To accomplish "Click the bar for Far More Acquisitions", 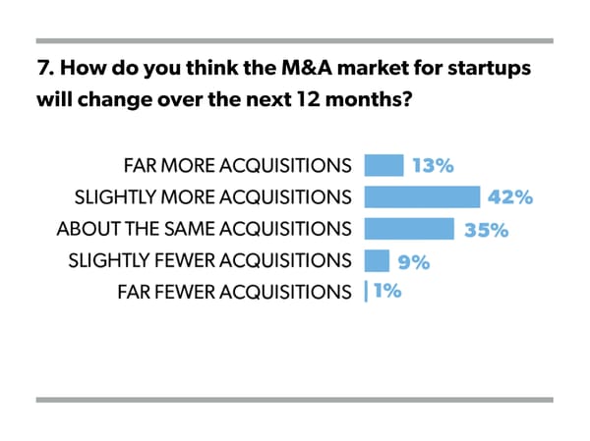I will (x=383, y=165).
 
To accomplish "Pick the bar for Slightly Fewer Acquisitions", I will (x=377, y=260).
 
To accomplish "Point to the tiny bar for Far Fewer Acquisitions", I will (x=366, y=292).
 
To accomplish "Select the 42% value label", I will (x=510, y=197).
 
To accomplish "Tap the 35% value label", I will (x=486, y=230).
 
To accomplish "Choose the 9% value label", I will (x=414, y=261).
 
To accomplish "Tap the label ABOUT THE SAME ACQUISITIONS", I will (x=205, y=229).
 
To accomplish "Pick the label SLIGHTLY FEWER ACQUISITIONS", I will (x=209, y=260).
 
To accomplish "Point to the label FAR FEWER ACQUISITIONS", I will (x=234, y=292).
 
